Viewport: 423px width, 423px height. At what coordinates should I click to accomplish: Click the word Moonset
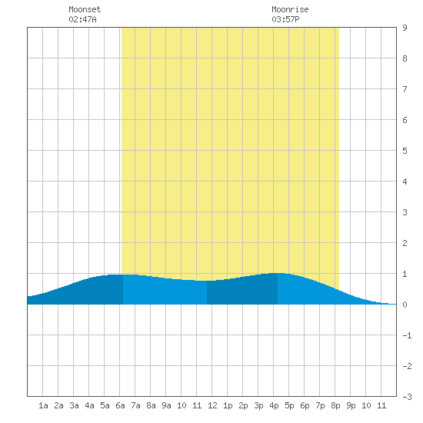tap(85, 9)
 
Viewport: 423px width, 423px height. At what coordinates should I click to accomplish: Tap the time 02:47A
tap(82, 19)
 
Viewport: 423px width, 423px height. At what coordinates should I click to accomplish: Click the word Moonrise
tap(290, 9)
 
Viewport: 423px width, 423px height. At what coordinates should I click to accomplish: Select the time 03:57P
tap(285, 19)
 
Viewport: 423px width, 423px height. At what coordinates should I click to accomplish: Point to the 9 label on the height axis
tap(405, 28)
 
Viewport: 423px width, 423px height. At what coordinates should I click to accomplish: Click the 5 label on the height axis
tap(405, 151)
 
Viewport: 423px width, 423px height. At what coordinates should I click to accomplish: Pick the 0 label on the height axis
tap(405, 305)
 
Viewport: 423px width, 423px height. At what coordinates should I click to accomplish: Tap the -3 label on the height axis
tap(407, 397)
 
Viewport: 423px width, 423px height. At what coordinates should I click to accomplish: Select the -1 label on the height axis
tap(407, 335)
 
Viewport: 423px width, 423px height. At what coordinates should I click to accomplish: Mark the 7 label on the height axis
tap(405, 89)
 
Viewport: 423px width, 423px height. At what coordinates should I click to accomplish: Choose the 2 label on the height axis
tap(405, 243)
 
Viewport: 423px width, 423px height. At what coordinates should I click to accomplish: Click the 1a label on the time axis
tap(43, 405)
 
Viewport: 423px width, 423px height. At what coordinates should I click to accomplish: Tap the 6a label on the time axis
tap(120, 405)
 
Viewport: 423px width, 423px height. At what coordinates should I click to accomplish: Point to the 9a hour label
tap(166, 405)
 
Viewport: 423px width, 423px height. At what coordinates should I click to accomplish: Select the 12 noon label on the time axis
tap(212, 405)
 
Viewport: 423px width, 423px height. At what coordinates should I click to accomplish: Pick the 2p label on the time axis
tap(243, 405)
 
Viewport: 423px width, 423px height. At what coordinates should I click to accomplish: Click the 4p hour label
tap(274, 405)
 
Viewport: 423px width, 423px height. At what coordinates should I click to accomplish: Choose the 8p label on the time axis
tap(335, 405)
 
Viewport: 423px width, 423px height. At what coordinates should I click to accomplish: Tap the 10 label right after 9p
tap(366, 405)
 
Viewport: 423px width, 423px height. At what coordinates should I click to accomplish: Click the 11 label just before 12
tap(197, 405)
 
